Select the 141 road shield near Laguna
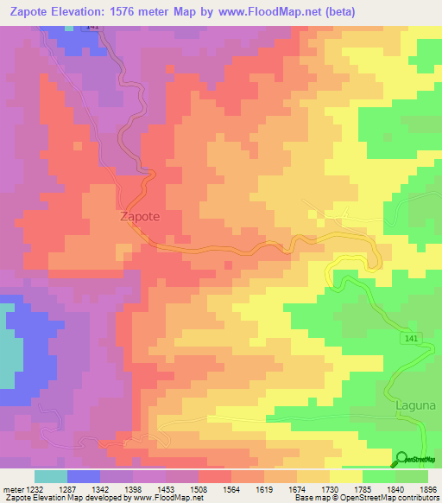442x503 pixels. click(x=412, y=340)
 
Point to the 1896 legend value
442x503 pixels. click(x=427, y=488)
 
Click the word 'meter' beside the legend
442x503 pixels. click(x=11, y=488)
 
